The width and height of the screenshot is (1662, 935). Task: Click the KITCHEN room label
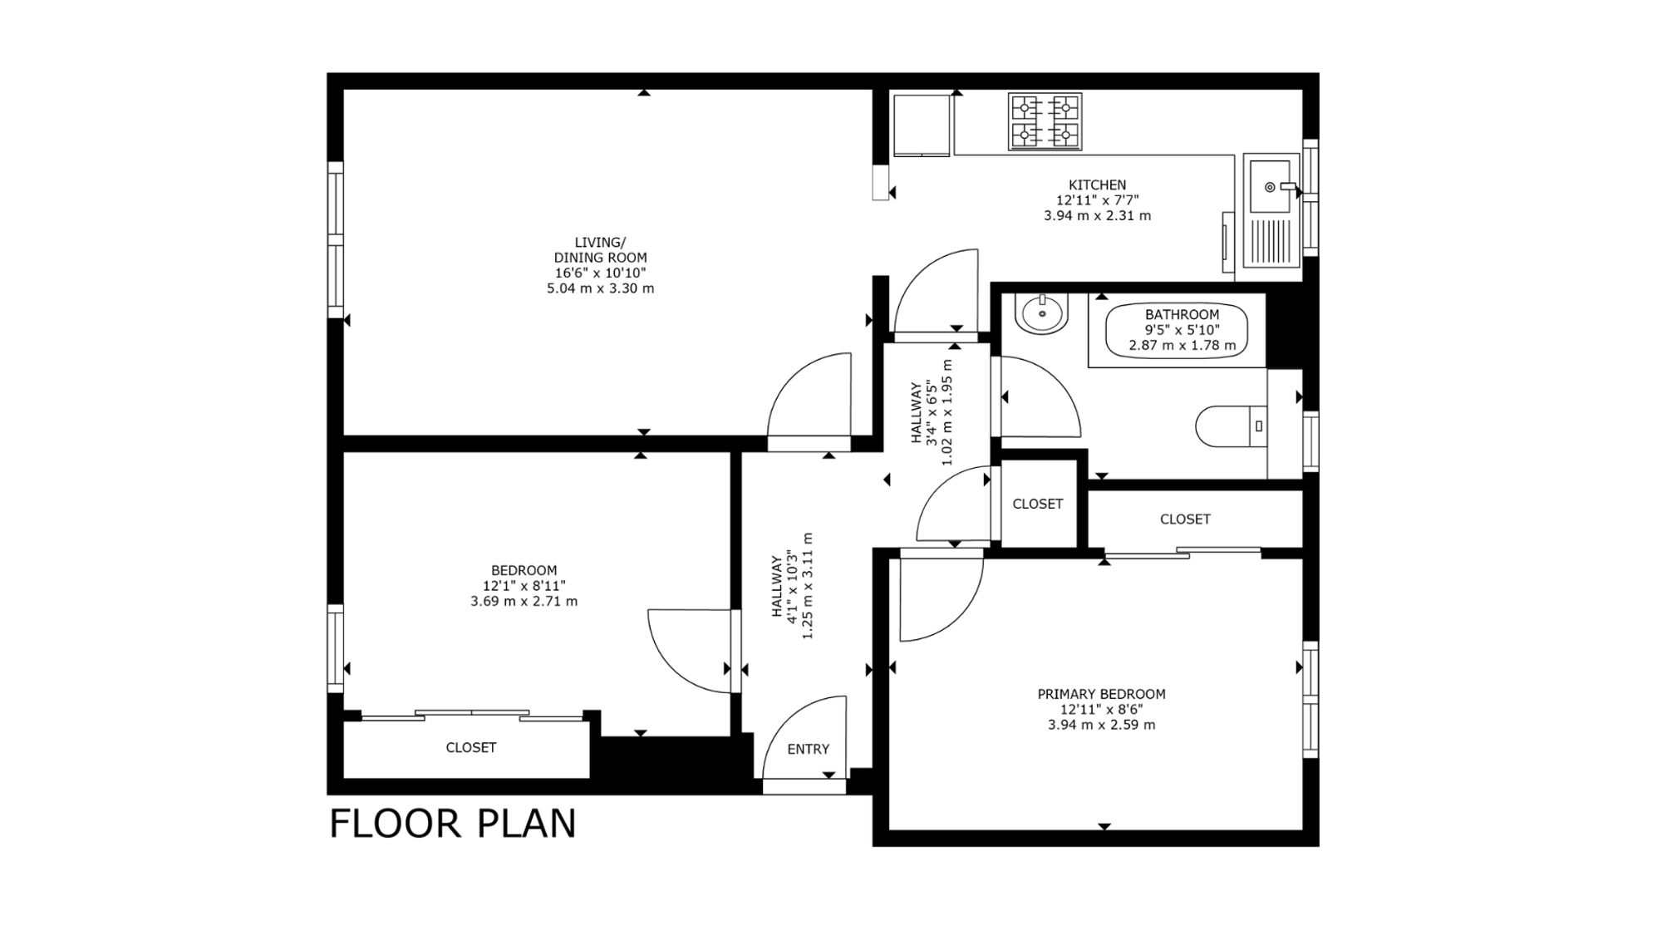[x=1097, y=185]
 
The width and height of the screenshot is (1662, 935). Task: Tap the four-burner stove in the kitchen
[x=1045, y=121]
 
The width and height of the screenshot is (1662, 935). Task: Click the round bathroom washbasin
[x=1043, y=314]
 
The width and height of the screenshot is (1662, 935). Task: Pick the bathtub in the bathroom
[x=1177, y=330]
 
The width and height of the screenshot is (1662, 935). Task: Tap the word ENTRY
[x=808, y=749]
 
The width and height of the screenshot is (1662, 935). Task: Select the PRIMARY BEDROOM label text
[x=1101, y=694]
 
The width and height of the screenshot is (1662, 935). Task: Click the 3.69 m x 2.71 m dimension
[x=524, y=601]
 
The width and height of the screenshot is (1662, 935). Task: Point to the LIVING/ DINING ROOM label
[x=600, y=250]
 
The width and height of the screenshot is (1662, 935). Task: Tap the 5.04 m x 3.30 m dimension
[x=600, y=288]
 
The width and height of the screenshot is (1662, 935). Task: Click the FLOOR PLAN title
[x=453, y=824]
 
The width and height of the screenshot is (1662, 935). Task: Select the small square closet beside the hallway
[x=1038, y=504]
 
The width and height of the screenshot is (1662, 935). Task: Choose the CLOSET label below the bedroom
[x=471, y=747]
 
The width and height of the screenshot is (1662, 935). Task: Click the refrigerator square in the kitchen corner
[x=921, y=125]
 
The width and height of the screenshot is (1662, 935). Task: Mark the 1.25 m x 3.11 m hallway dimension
[x=806, y=586]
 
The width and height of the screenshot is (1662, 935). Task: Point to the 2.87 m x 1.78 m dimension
[x=1182, y=345]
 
